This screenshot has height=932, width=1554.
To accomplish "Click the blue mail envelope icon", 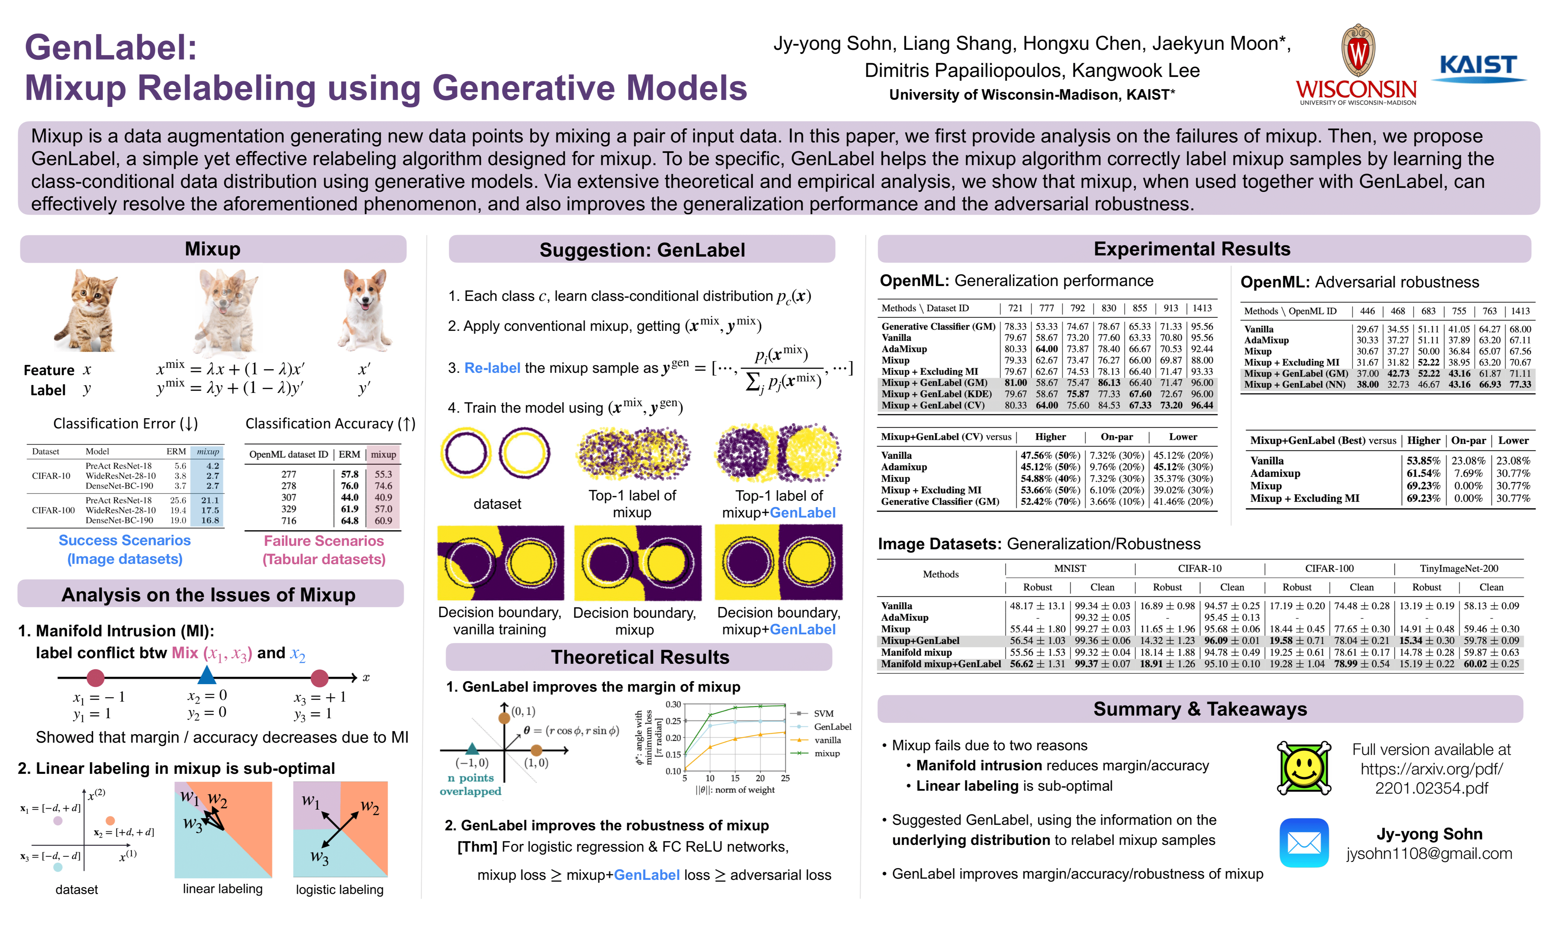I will pos(1304,843).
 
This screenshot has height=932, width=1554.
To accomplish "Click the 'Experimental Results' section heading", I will pos(1192,249).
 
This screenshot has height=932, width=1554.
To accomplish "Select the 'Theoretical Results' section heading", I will pos(639,657).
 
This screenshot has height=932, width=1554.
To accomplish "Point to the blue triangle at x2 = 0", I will pos(207,675).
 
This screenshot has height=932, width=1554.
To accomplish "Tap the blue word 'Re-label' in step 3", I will pos(492,368).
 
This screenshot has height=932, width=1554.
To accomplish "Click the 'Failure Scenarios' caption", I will pos(323,541).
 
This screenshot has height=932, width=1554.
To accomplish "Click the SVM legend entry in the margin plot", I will pos(823,714).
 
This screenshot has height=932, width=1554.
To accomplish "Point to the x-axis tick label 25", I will pos(784,778).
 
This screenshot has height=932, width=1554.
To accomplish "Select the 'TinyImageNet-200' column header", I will pos(1458,568).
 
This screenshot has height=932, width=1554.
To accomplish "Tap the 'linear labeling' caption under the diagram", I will pos(222,889).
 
